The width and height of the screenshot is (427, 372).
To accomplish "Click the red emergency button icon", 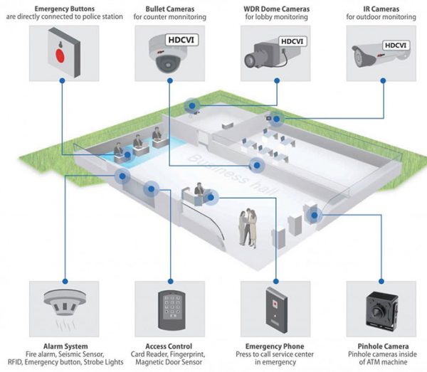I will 60,53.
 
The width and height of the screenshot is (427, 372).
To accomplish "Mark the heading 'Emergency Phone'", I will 274,346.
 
